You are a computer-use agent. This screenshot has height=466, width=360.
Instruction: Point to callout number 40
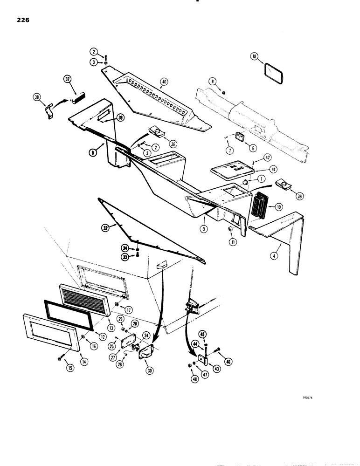(163, 82)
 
